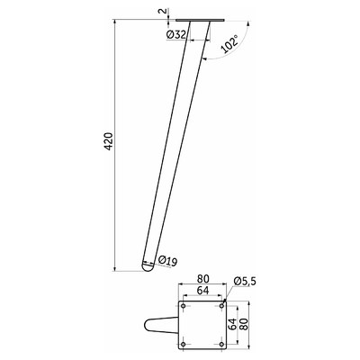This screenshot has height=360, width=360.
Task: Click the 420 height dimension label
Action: pos(110,141)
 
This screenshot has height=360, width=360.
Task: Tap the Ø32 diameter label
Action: pos(175,35)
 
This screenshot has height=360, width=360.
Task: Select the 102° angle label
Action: pos(229,43)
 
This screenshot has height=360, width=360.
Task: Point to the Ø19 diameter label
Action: pos(167,261)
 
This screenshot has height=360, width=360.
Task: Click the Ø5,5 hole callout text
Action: pos(245,282)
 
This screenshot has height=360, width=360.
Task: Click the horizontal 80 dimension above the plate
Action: pos(202,279)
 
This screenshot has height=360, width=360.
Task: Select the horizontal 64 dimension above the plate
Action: pos(202,291)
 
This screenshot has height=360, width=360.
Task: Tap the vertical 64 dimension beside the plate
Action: pos(233,325)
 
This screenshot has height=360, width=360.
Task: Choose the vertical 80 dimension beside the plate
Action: pos(245,325)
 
